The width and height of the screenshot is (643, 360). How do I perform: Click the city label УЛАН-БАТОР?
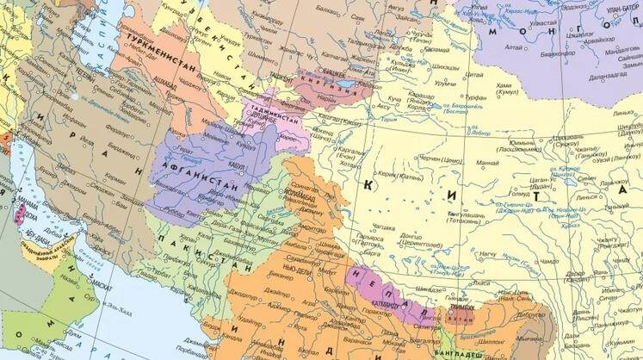(x=623, y=9)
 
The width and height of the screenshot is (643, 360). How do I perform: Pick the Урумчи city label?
(x=444, y=83)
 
